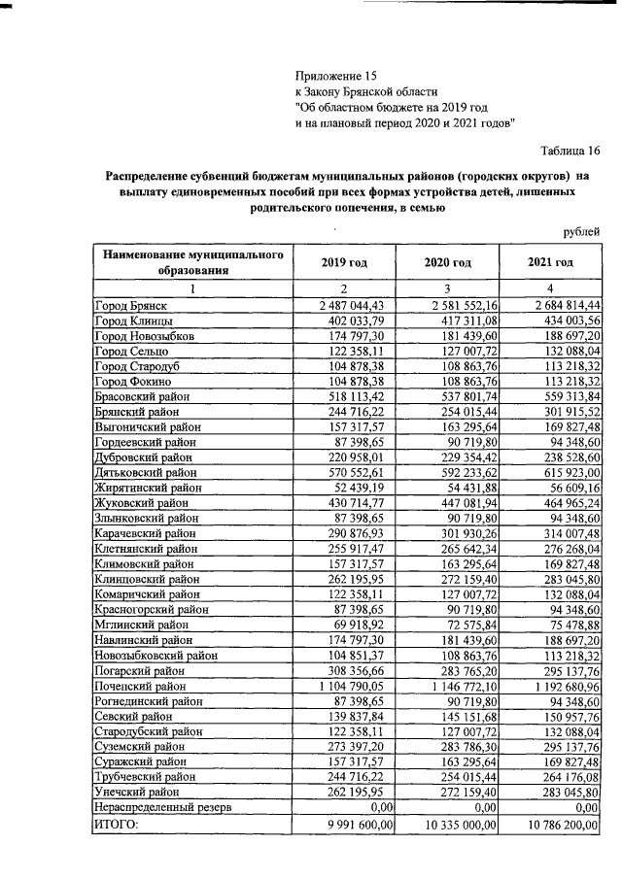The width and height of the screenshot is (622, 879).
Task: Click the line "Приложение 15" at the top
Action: pyautogui.click(x=335, y=75)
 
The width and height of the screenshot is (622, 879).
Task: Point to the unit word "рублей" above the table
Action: pyautogui.click(x=581, y=230)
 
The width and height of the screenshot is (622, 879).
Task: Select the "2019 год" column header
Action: pyautogui.click(x=344, y=262)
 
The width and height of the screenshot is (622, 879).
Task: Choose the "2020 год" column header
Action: pyautogui.click(x=448, y=262)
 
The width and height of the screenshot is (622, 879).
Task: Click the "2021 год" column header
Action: pyautogui.click(x=551, y=262)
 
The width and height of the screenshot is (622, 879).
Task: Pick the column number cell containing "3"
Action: pyautogui.click(x=448, y=288)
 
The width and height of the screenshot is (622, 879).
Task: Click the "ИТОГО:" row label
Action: pyautogui.click(x=116, y=825)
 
